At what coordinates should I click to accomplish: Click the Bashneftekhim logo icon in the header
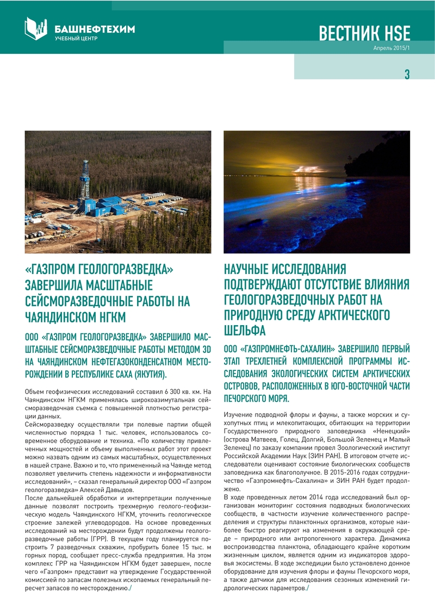(x=36, y=28)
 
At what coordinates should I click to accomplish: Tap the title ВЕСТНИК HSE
(x=364, y=33)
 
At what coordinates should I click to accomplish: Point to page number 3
(x=406, y=74)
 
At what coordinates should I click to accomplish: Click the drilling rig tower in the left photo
(x=84, y=179)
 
